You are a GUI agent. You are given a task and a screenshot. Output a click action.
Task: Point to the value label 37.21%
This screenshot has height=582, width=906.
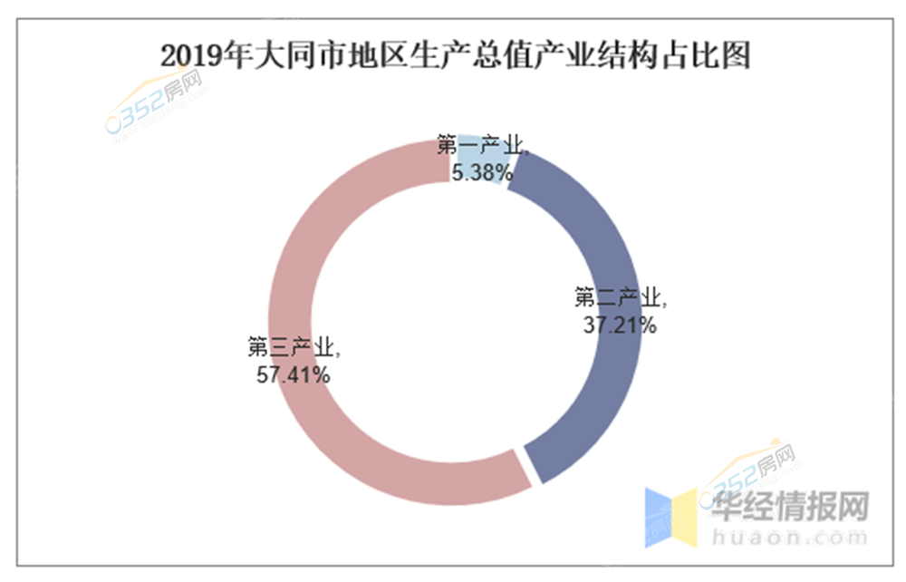(x=620, y=325)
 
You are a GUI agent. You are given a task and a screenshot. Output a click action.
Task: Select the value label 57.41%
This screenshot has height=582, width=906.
(x=293, y=373)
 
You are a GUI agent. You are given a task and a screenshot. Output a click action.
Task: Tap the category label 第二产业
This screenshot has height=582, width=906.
(x=620, y=298)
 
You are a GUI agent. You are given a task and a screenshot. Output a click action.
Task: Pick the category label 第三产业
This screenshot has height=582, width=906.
(x=293, y=346)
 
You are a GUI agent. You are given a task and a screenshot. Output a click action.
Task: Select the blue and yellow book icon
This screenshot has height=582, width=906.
(x=670, y=515)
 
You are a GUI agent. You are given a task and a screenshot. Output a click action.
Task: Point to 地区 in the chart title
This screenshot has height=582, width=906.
(x=371, y=56)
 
